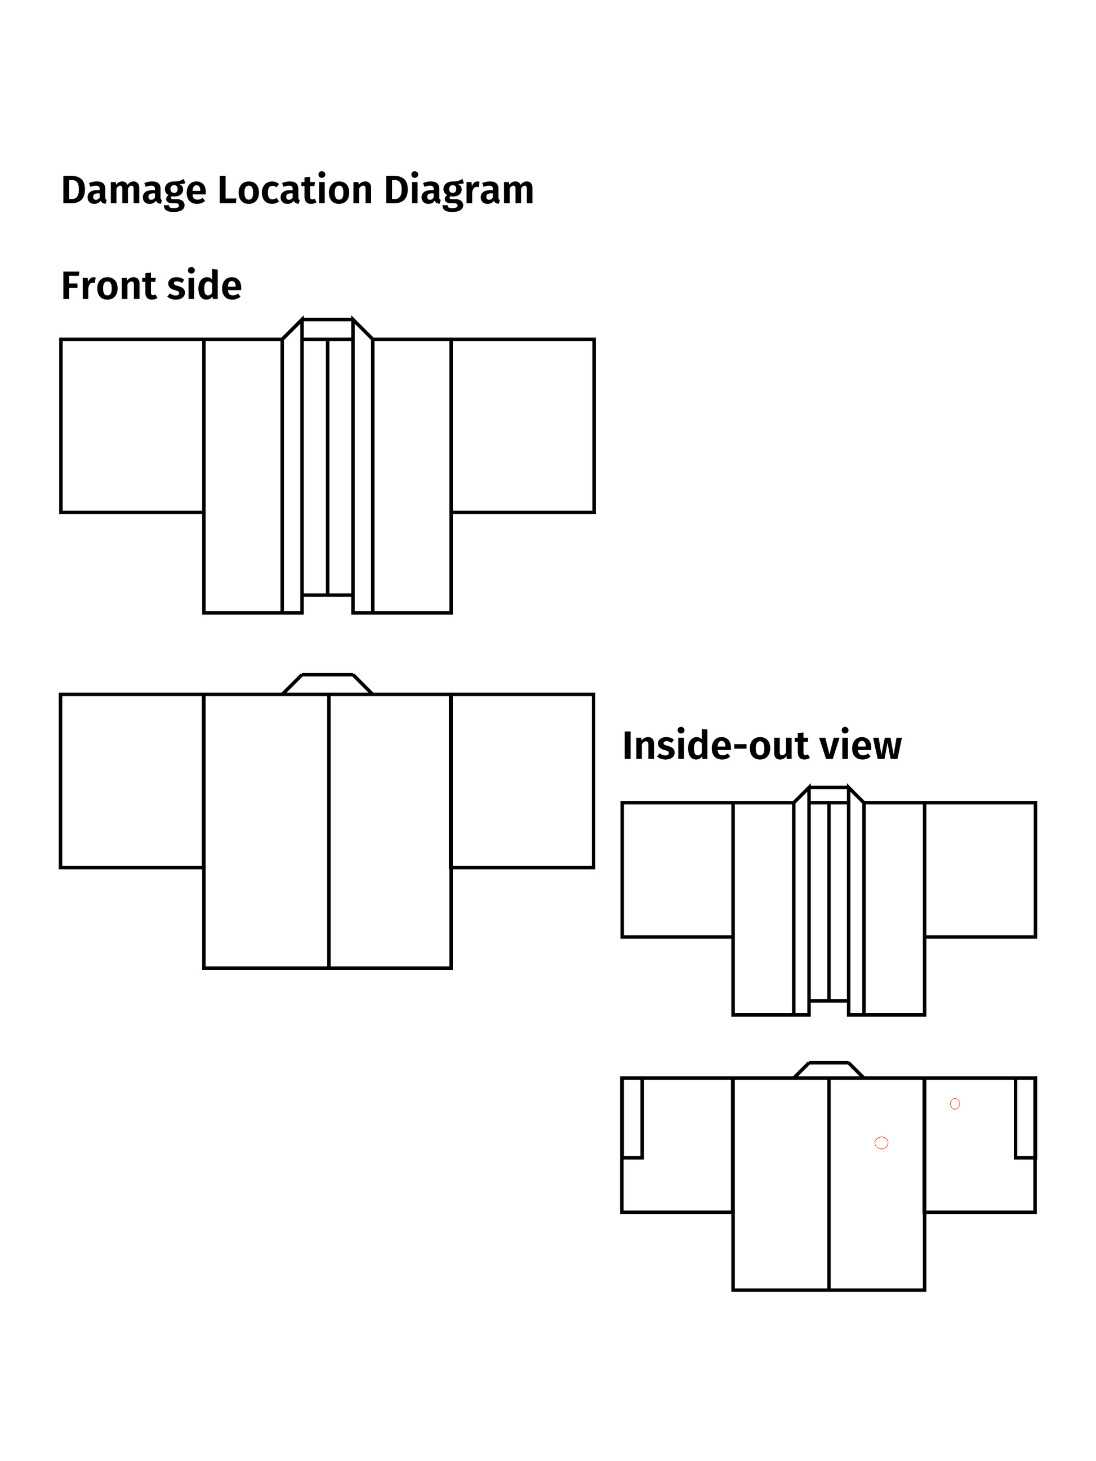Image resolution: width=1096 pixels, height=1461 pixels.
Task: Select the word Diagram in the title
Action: click(458, 191)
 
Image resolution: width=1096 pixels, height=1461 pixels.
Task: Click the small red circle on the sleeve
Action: click(955, 1104)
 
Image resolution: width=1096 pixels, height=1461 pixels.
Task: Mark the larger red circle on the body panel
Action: click(881, 1143)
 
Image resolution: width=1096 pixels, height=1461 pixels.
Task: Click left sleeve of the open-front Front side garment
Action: click(132, 426)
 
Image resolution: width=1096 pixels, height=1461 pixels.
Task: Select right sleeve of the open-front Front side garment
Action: click(523, 426)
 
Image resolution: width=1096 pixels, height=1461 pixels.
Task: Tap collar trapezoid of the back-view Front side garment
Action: click(328, 684)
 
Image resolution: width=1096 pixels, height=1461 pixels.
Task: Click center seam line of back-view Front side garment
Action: click(328, 831)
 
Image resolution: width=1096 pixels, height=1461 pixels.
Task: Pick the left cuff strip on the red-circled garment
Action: click(632, 1118)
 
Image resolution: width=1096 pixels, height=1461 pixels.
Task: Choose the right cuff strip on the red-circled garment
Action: click(1025, 1118)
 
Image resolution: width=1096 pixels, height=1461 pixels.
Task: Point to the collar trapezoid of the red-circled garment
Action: click(828, 1070)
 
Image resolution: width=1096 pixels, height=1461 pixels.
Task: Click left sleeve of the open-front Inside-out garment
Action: click(677, 870)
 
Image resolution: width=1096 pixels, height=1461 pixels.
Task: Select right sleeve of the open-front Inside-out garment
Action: click(980, 870)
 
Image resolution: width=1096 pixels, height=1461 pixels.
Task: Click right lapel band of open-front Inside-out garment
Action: click(856, 901)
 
